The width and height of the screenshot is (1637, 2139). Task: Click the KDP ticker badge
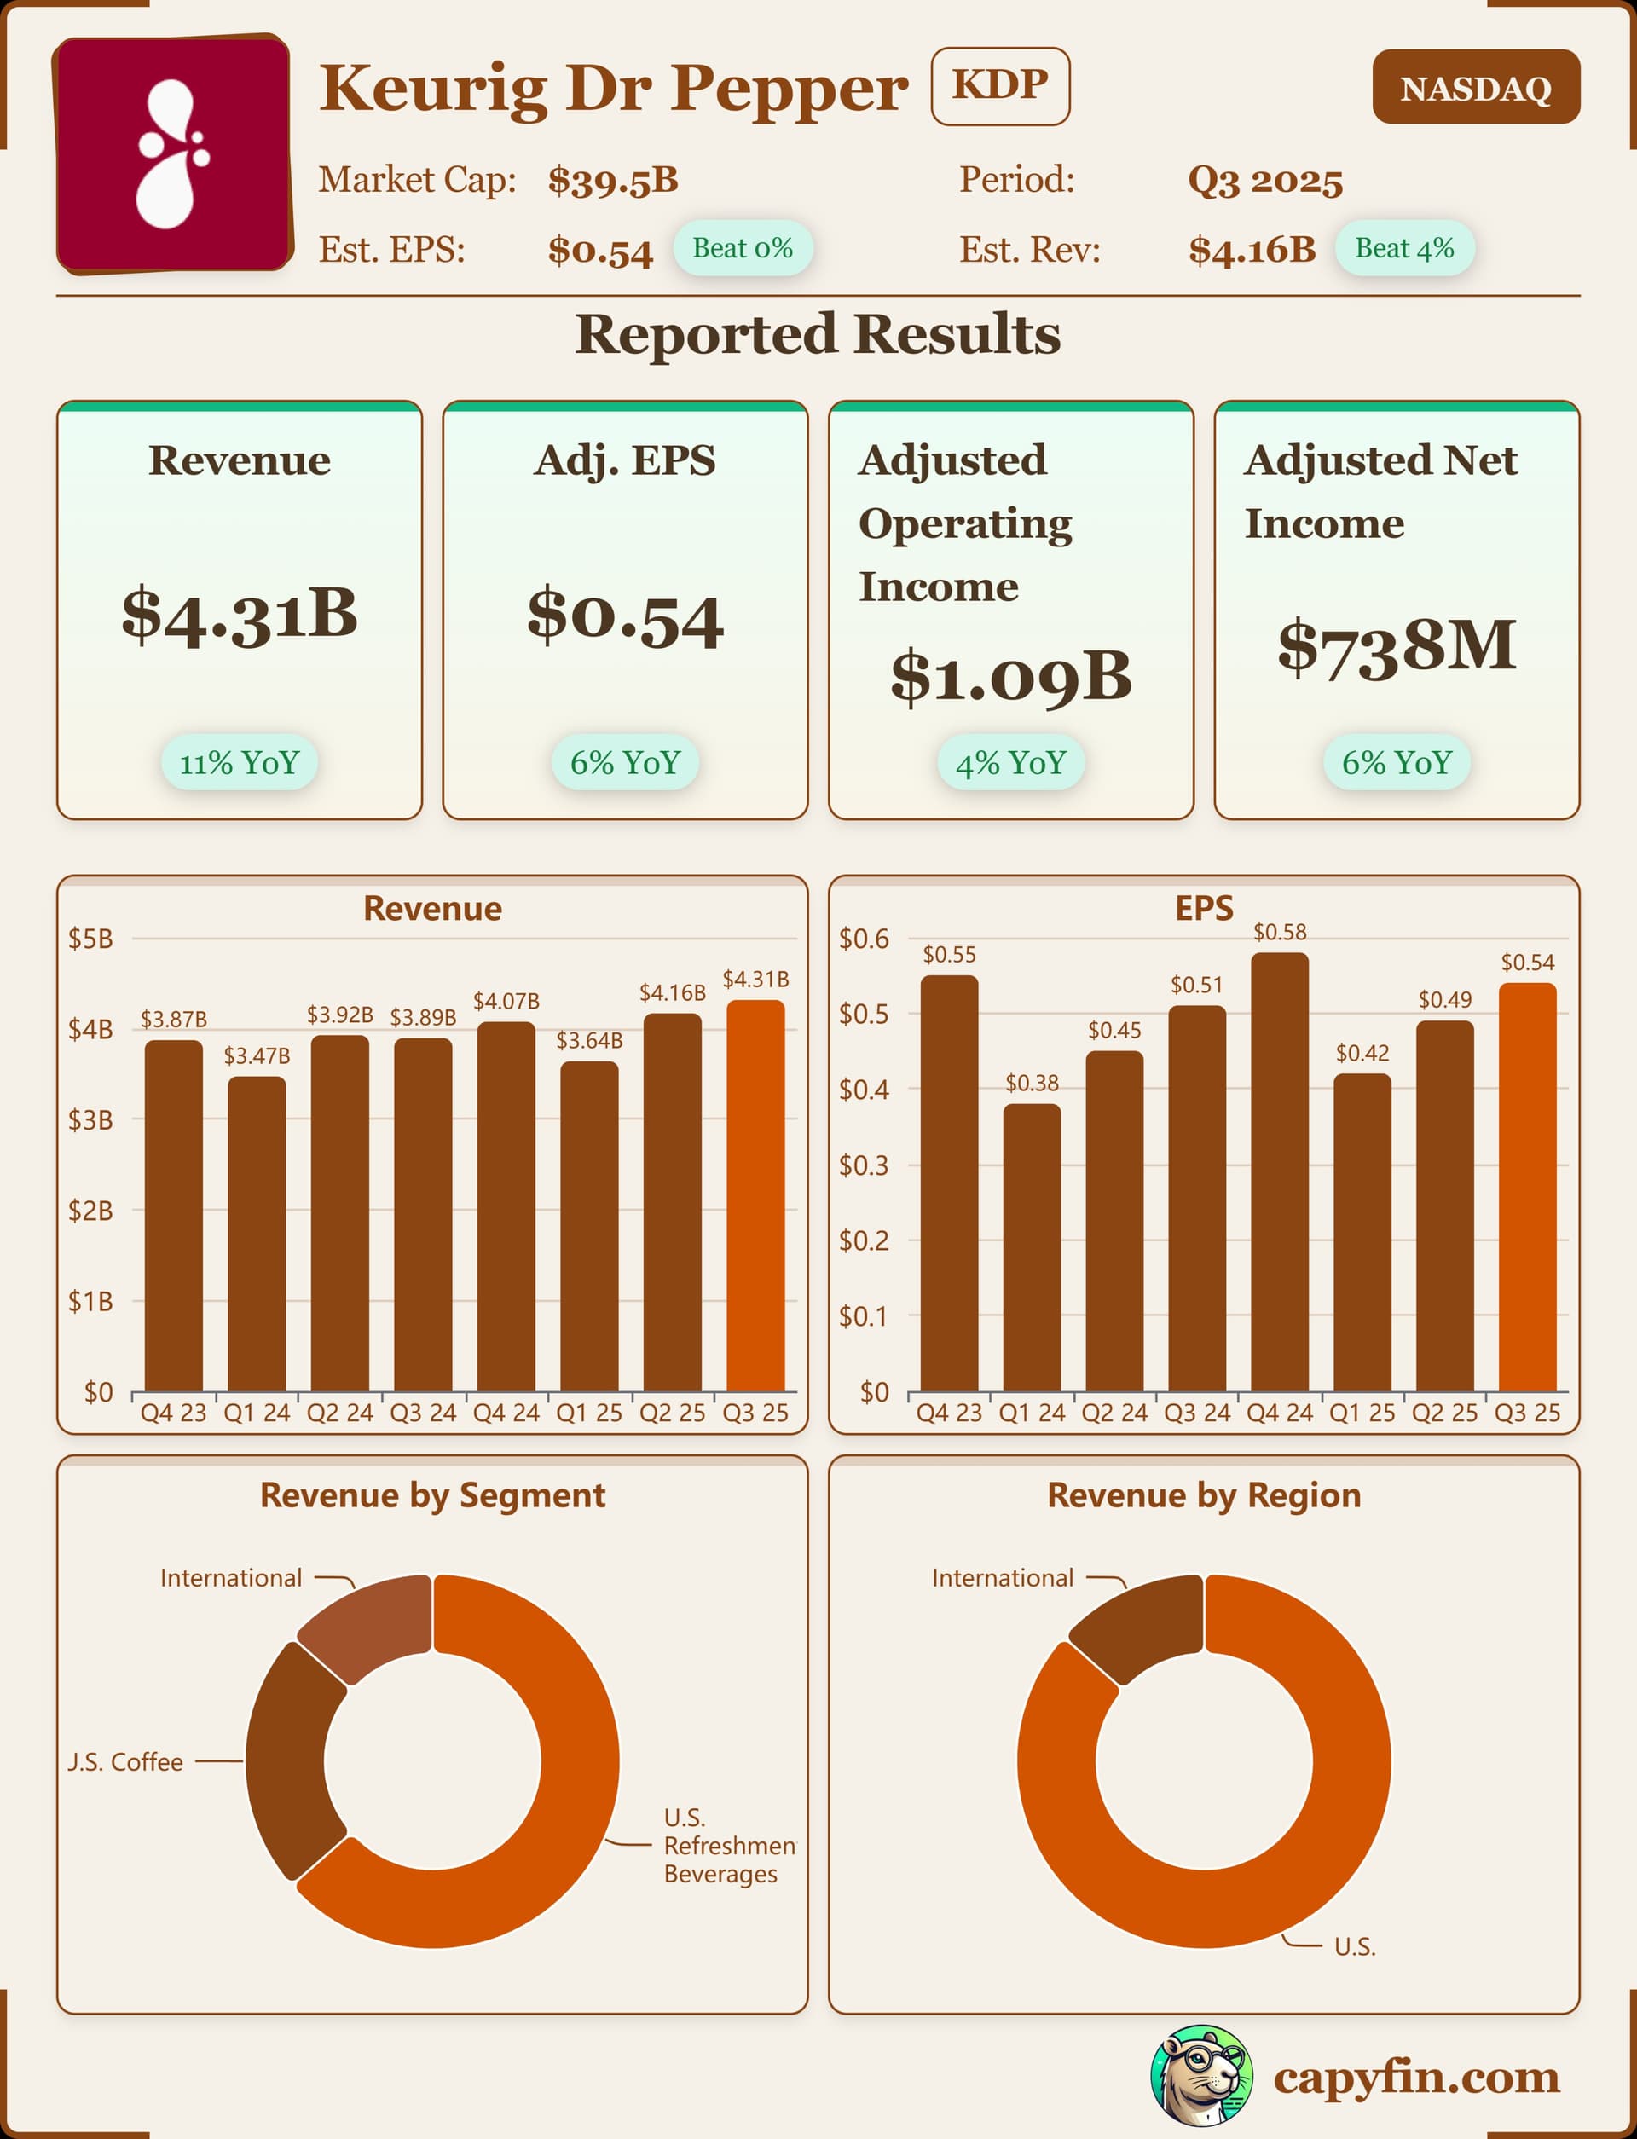click(x=1000, y=86)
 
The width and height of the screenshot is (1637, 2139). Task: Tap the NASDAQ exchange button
click(x=1475, y=88)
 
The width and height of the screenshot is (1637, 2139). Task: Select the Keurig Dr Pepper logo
click(x=173, y=155)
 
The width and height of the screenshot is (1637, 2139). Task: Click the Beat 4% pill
click(x=1404, y=248)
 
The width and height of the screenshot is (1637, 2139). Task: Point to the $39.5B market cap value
click(x=612, y=180)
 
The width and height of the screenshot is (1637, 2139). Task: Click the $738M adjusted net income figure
click(x=1397, y=645)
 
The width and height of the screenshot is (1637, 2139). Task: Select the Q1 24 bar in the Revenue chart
click(x=257, y=1233)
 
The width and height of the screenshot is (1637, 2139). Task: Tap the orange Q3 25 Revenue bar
click(x=755, y=1195)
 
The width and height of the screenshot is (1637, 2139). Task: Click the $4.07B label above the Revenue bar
click(x=506, y=1002)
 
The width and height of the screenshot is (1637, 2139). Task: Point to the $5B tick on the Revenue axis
click(x=90, y=939)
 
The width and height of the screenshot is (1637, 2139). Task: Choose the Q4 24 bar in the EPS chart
click(x=1280, y=1171)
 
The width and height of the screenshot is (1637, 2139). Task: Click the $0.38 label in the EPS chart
click(x=1032, y=1083)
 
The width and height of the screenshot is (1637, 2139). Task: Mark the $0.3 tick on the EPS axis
click(x=864, y=1165)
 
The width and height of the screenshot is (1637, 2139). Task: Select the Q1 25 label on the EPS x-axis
click(x=1362, y=1413)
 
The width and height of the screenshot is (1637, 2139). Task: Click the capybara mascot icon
click(x=1201, y=2076)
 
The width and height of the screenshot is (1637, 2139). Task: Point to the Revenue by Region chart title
click(x=1203, y=1495)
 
